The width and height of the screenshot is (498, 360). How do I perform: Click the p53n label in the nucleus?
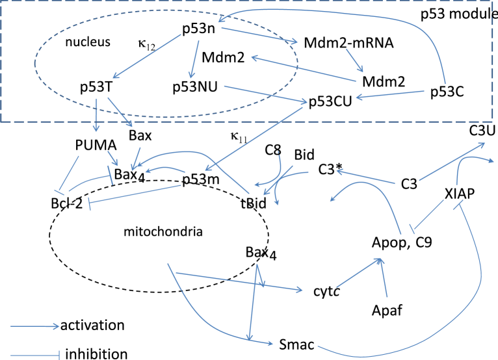pos(198,29)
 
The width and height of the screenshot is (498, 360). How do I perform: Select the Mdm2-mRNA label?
pos(348,42)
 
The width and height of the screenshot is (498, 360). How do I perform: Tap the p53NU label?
pos(194,86)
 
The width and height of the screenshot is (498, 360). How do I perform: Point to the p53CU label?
pos(330,101)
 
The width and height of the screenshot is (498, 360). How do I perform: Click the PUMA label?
pos(96,145)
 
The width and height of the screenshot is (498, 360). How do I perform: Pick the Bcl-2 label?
pos(67,203)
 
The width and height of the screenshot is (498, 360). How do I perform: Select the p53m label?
pos(201,180)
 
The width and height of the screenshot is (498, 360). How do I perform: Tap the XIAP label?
pos(460,194)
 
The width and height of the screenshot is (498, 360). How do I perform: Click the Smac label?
pos(296,344)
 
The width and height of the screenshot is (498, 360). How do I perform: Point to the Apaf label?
pos(387,310)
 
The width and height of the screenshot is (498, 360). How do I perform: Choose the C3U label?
pos(482,130)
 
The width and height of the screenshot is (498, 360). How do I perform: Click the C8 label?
pos(273,150)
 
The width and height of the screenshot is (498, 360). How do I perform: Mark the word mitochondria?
pos(163,232)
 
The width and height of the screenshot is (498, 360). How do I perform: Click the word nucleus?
pos(88,42)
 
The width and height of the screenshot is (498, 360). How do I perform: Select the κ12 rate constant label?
pos(147,44)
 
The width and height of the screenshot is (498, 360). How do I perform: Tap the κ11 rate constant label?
pos(239,137)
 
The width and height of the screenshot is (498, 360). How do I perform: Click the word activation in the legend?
pos(92,326)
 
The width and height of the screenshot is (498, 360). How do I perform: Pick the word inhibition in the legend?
pos(97,354)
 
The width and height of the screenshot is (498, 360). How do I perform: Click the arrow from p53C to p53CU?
pos(390,94)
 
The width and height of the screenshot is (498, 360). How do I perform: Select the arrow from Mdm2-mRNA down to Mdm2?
pos(354,60)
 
